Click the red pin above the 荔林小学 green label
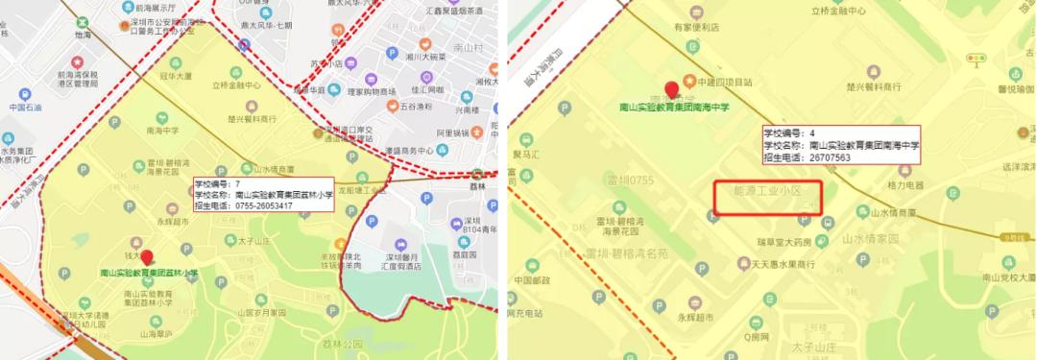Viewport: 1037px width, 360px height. tap(146, 257)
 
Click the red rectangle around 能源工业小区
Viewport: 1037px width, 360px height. tap(768, 198)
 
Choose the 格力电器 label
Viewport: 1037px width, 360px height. tap(904, 184)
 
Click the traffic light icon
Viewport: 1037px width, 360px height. tap(976, 60)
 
